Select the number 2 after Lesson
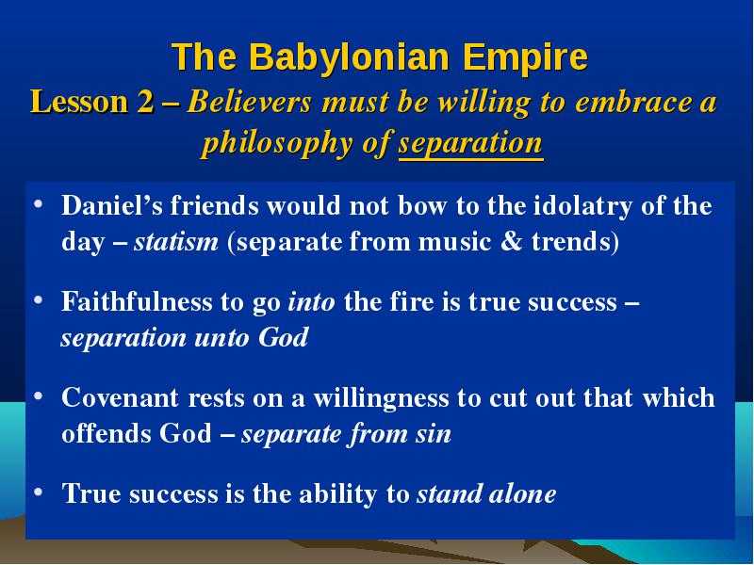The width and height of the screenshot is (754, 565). click(x=145, y=103)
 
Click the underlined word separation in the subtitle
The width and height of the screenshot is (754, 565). click(x=470, y=143)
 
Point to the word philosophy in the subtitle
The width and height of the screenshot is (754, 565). click(x=277, y=144)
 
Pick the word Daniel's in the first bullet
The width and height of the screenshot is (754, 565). click(x=112, y=205)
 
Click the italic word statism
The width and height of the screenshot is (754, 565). click(x=176, y=241)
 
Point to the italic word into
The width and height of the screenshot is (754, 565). click(x=311, y=302)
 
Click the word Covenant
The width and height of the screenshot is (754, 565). click(x=121, y=398)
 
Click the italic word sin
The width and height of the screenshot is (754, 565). click(x=434, y=434)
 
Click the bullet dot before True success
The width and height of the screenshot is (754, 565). click(x=39, y=492)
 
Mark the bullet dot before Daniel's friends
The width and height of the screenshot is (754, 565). click(x=39, y=203)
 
